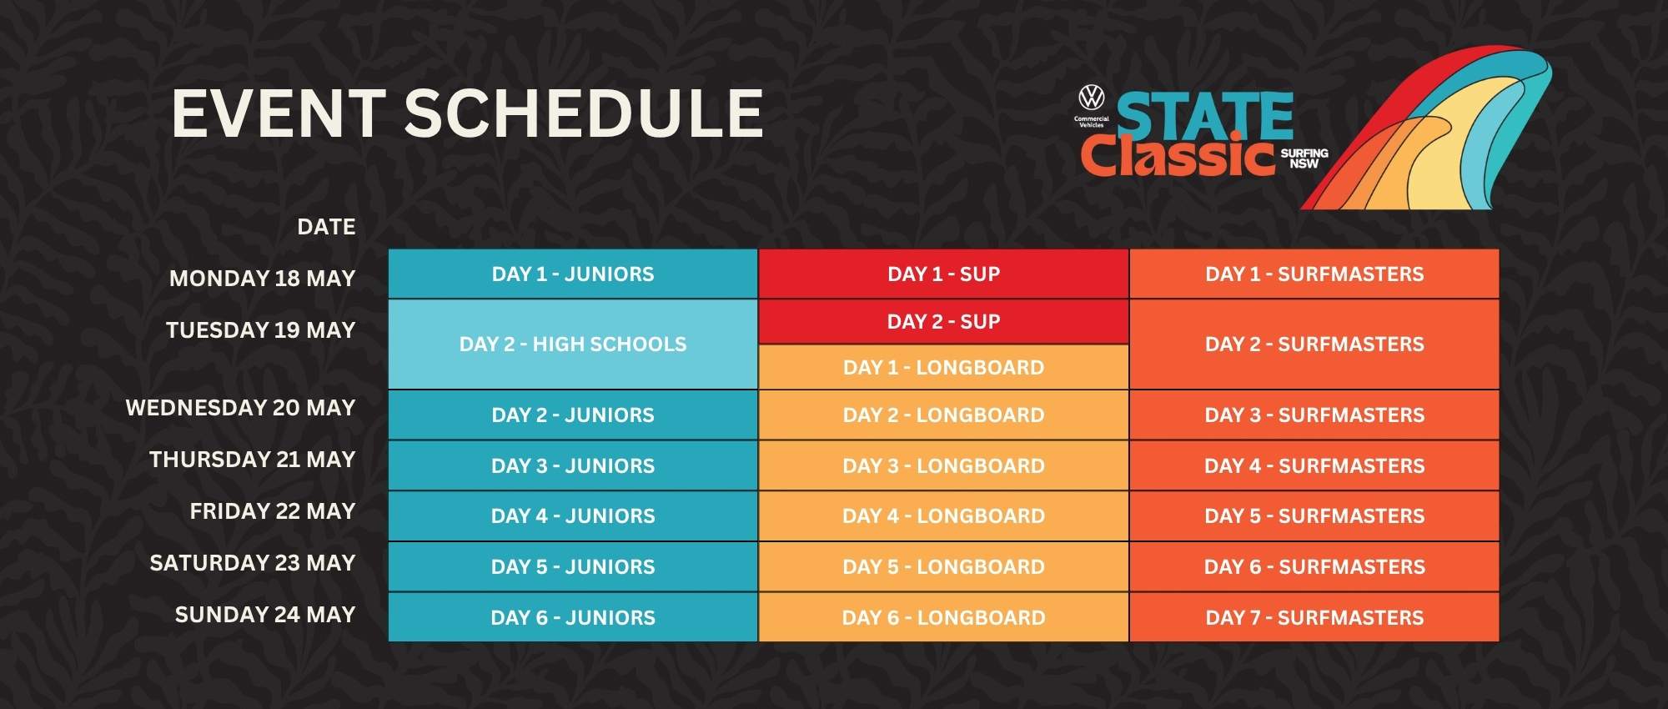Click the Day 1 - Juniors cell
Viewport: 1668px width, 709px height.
point(573,274)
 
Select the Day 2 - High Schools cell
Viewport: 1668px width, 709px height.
point(573,344)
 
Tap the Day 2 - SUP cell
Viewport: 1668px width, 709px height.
point(943,321)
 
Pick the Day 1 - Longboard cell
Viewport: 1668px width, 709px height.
point(943,367)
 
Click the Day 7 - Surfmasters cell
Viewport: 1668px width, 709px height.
point(1314,617)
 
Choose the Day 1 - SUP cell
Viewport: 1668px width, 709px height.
point(943,274)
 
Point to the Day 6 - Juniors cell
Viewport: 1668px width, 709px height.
point(573,617)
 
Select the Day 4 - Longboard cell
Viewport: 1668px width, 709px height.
point(943,515)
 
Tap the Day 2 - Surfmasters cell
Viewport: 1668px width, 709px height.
point(1314,344)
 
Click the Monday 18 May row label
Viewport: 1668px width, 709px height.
point(262,278)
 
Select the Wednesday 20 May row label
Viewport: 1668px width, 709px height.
point(240,407)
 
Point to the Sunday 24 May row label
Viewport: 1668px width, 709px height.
point(265,614)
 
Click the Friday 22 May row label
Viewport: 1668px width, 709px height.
point(272,510)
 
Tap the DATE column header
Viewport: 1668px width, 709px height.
point(326,226)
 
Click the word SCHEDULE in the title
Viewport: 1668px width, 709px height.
point(584,113)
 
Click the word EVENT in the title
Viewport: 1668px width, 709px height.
point(279,113)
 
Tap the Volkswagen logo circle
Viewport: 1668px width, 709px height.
point(1091,98)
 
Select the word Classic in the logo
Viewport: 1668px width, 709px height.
point(1178,156)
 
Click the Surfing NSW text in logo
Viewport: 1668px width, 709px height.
point(1304,158)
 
